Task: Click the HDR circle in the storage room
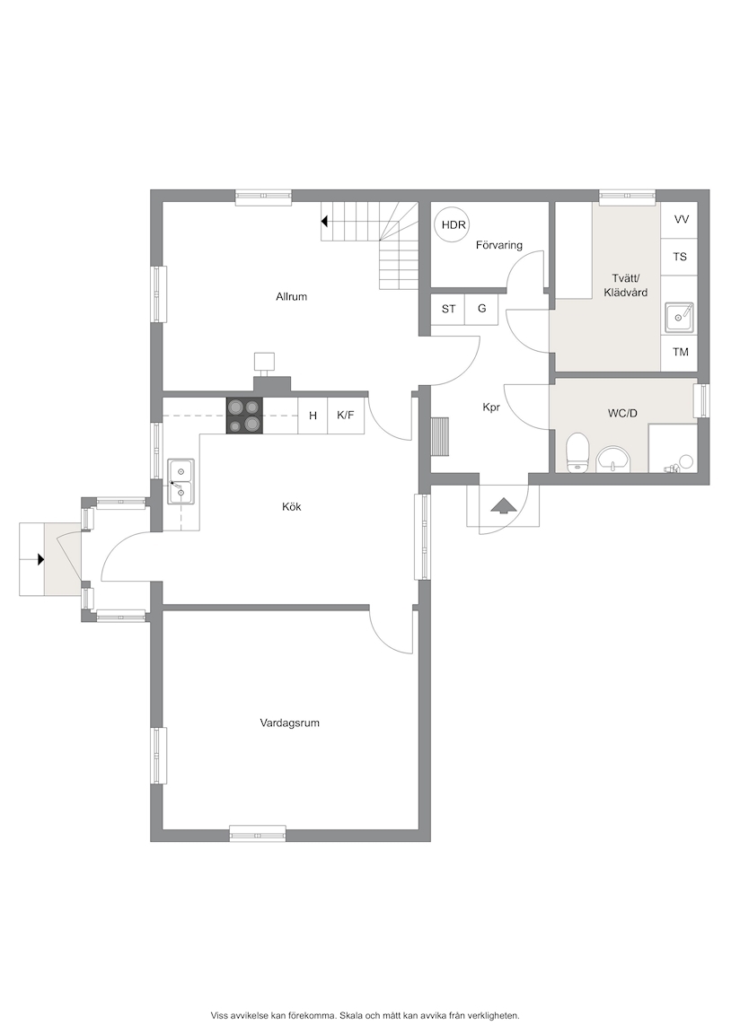(454, 225)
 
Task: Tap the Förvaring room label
(499, 245)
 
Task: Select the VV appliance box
(681, 220)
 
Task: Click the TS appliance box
(680, 257)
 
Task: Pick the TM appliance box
(680, 352)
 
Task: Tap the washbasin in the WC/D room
(614, 460)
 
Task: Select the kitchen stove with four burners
(245, 416)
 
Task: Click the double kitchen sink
(181, 481)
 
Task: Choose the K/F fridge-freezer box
(347, 416)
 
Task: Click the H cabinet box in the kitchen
(313, 416)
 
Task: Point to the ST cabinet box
(448, 309)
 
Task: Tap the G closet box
(481, 309)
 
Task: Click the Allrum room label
(292, 297)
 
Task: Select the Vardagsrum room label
(290, 723)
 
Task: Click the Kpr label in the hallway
(491, 407)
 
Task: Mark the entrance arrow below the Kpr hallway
(504, 505)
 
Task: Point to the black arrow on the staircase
(324, 222)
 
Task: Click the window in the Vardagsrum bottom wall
(258, 833)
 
